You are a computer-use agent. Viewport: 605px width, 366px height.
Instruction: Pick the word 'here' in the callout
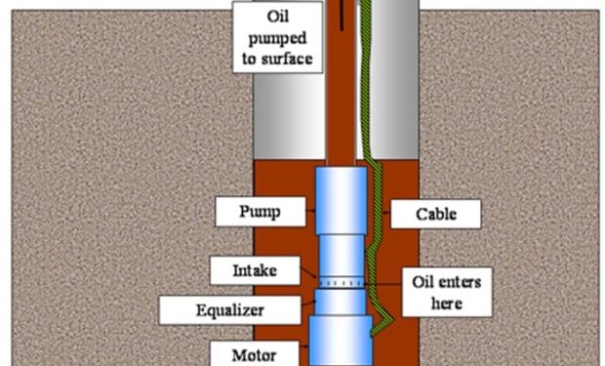448,304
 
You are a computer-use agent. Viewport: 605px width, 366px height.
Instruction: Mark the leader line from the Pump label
302,212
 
